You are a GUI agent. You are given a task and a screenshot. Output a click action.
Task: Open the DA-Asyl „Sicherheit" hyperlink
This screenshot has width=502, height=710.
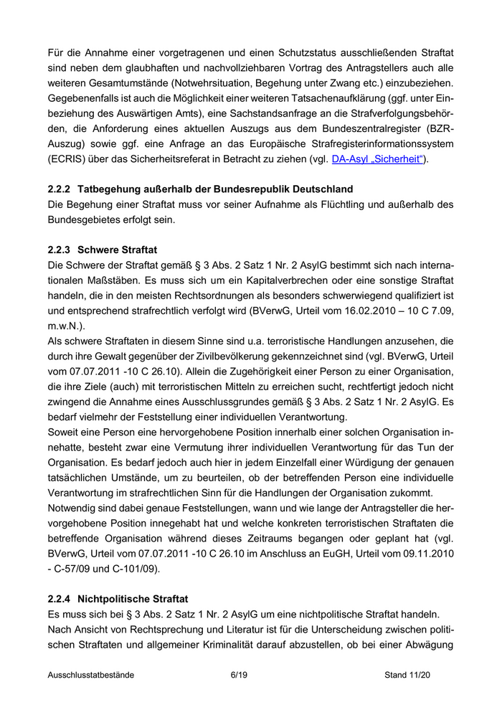pyautogui.click(x=379, y=159)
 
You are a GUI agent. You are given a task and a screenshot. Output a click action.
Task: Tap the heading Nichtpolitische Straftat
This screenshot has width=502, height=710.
pyautogui.click(x=136, y=597)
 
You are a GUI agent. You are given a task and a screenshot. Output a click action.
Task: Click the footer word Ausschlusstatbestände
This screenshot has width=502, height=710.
pyautogui.click(x=91, y=675)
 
